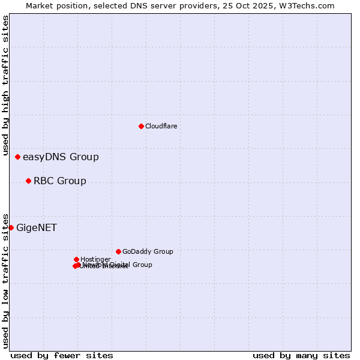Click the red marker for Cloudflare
point(141,126)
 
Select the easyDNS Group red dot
point(17,157)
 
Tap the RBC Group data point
point(28,181)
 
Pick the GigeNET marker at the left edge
point(11,227)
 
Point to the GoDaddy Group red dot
point(118,251)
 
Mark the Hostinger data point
point(76,259)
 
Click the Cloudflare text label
point(161,126)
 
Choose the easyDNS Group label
point(61,157)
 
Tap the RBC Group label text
point(59,181)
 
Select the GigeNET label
point(37,227)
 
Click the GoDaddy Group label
point(148,251)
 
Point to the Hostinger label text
point(95,259)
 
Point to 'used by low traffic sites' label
point(5,280)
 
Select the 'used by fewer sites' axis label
point(62,355)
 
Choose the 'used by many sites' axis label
point(301,355)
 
